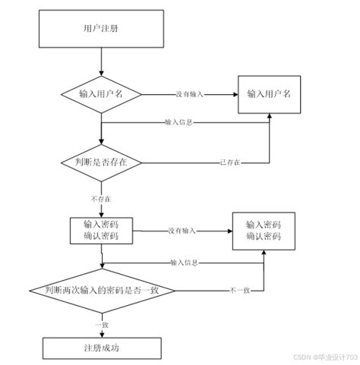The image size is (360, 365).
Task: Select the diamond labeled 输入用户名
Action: point(101,95)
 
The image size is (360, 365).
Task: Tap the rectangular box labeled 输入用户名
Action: point(270,94)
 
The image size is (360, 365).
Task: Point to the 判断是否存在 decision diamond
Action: point(101,162)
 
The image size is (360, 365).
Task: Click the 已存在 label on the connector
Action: point(230,162)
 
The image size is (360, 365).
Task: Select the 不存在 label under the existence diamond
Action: point(101,198)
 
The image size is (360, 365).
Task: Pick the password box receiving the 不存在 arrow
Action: point(101,231)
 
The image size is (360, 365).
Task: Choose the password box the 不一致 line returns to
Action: point(264,231)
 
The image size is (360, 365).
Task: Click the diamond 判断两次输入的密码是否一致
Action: point(101,291)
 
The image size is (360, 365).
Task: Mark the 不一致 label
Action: point(240,291)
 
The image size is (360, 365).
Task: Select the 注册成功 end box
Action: point(101,348)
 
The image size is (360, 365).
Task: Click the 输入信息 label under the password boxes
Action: point(185,263)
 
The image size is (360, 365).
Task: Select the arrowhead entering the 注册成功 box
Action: point(101,335)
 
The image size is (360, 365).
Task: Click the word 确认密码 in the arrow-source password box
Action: point(101,237)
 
